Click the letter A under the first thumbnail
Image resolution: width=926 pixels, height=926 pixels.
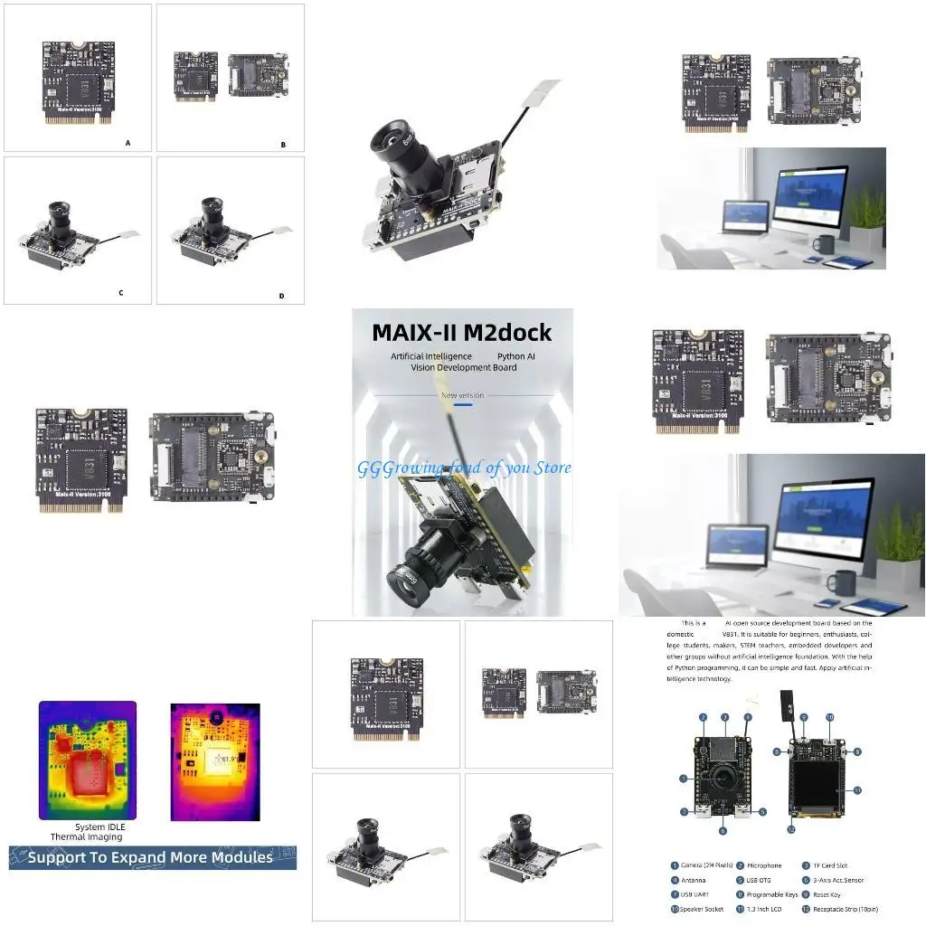point(128,143)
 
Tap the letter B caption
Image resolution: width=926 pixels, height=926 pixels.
point(283,144)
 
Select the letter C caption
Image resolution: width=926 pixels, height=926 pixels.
point(120,293)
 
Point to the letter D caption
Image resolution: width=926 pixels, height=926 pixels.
point(281,296)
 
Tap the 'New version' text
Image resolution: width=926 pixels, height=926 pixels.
point(462,395)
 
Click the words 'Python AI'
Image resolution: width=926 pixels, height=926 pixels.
point(516,356)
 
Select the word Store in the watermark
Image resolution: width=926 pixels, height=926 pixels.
point(552,468)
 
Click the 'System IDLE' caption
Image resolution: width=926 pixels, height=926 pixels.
point(102,827)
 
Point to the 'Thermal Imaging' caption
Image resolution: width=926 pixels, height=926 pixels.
point(86,837)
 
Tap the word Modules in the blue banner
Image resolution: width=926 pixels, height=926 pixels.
point(232,857)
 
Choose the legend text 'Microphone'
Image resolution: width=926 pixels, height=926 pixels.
point(764,865)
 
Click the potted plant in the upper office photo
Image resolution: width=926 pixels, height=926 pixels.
point(866,216)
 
